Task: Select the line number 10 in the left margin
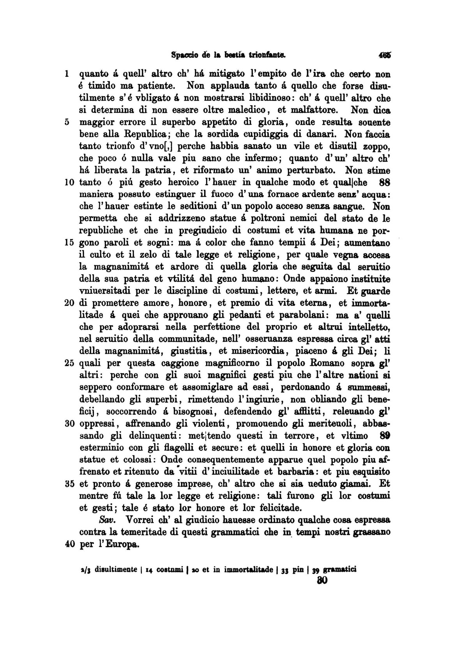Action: (x=69, y=182)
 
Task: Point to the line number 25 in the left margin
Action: (x=69, y=363)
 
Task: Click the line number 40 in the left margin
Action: (x=69, y=544)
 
